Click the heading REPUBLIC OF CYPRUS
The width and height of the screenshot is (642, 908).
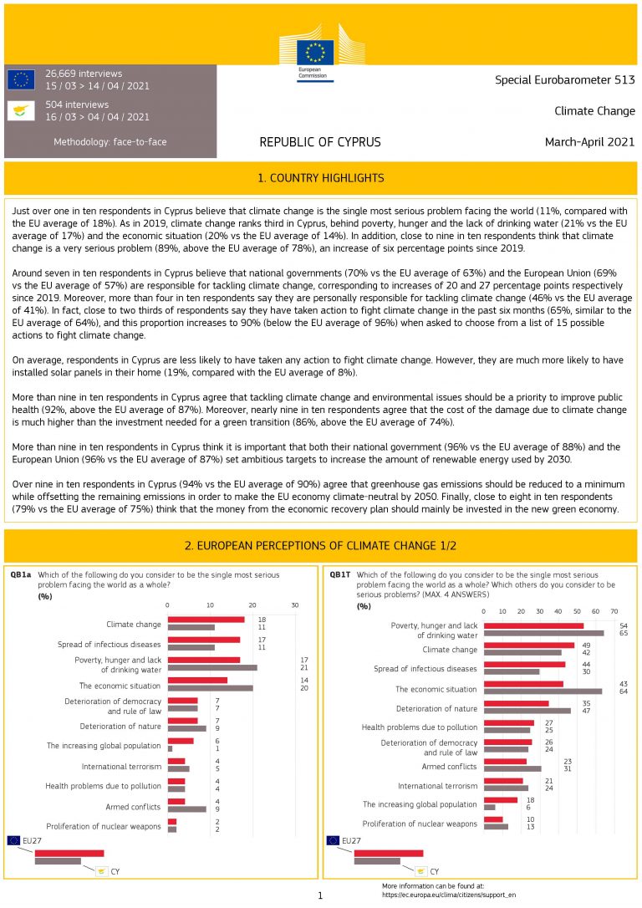click(x=320, y=142)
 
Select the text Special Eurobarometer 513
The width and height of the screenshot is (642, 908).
click(x=565, y=80)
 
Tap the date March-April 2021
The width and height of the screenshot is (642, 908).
click(x=589, y=142)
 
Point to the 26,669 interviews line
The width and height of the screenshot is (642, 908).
click(x=84, y=74)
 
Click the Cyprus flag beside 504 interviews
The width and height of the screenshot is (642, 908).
click(x=21, y=110)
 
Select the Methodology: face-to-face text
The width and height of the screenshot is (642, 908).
click(x=110, y=142)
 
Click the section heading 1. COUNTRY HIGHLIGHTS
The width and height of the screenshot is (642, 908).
click(x=321, y=178)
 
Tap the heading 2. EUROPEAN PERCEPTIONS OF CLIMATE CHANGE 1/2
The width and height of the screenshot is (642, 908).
click(x=321, y=546)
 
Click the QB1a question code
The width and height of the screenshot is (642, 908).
click(x=21, y=575)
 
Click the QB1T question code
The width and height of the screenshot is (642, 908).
click(x=340, y=575)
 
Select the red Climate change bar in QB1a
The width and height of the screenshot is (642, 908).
click(x=206, y=620)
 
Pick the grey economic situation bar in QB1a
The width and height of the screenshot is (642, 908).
click(x=210, y=689)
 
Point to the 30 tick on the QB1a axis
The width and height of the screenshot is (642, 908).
click(x=294, y=605)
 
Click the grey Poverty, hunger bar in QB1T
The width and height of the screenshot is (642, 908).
click(x=543, y=634)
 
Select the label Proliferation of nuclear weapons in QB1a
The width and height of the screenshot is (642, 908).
click(x=104, y=826)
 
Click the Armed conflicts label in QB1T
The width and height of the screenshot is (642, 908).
click(x=450, y=766)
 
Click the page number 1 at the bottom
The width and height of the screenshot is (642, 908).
click(x=320, y=896)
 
